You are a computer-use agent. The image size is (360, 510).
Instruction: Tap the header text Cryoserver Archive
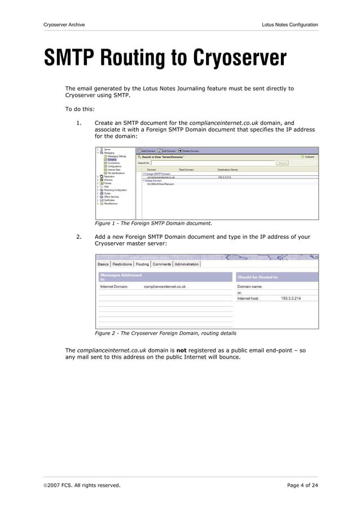click(x=64, y=25)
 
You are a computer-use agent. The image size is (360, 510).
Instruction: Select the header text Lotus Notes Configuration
click(x=289, y=25)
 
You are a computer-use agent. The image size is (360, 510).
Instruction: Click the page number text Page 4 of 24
click(x=302, y=485)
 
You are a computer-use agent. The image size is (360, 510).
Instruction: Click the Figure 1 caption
click(x=153, y=223)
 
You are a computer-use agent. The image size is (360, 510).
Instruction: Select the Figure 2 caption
click(x=165, y=333)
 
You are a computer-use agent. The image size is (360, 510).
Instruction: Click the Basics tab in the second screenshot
click(x=103, y=264)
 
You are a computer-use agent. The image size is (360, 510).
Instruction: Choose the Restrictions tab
click(x=122, y=264)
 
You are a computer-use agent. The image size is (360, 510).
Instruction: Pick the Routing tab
click(x=142, y=264)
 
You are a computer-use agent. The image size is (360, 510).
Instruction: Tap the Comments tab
click(x=161, y=264)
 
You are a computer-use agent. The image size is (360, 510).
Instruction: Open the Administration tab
click(x=186, y=264)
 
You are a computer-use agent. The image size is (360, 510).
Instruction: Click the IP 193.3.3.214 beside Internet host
click(x=291, y=298)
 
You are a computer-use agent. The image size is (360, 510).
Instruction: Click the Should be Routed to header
click(x=258, y=277)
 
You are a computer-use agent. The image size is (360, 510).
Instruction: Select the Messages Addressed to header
click(x=121, y=277)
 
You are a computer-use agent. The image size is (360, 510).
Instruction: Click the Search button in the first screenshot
click(x=283, y=163)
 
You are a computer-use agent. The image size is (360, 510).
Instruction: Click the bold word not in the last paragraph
click(x=182, y=350)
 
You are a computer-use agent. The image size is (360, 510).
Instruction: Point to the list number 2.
click(x=78, y=237)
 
